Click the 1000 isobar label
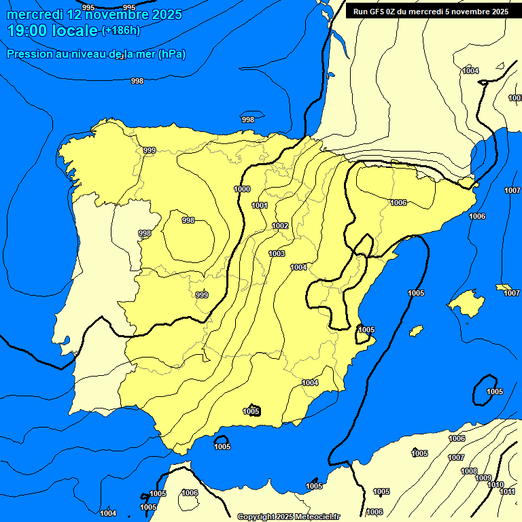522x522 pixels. point(242,189)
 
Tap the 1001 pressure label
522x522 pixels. point(260,205)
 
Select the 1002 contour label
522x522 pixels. point(281,226)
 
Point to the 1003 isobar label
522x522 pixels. point(277,254)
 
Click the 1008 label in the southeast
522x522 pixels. point(469,471)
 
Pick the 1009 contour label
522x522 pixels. point(483,478)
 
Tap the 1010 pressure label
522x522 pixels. point(495,485)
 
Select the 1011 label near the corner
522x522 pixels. point(508,491)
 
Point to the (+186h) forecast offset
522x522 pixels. point(121,30)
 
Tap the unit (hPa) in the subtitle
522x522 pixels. point(172,54)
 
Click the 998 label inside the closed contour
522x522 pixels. point(188,220)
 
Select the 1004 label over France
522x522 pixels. point(470,71)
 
